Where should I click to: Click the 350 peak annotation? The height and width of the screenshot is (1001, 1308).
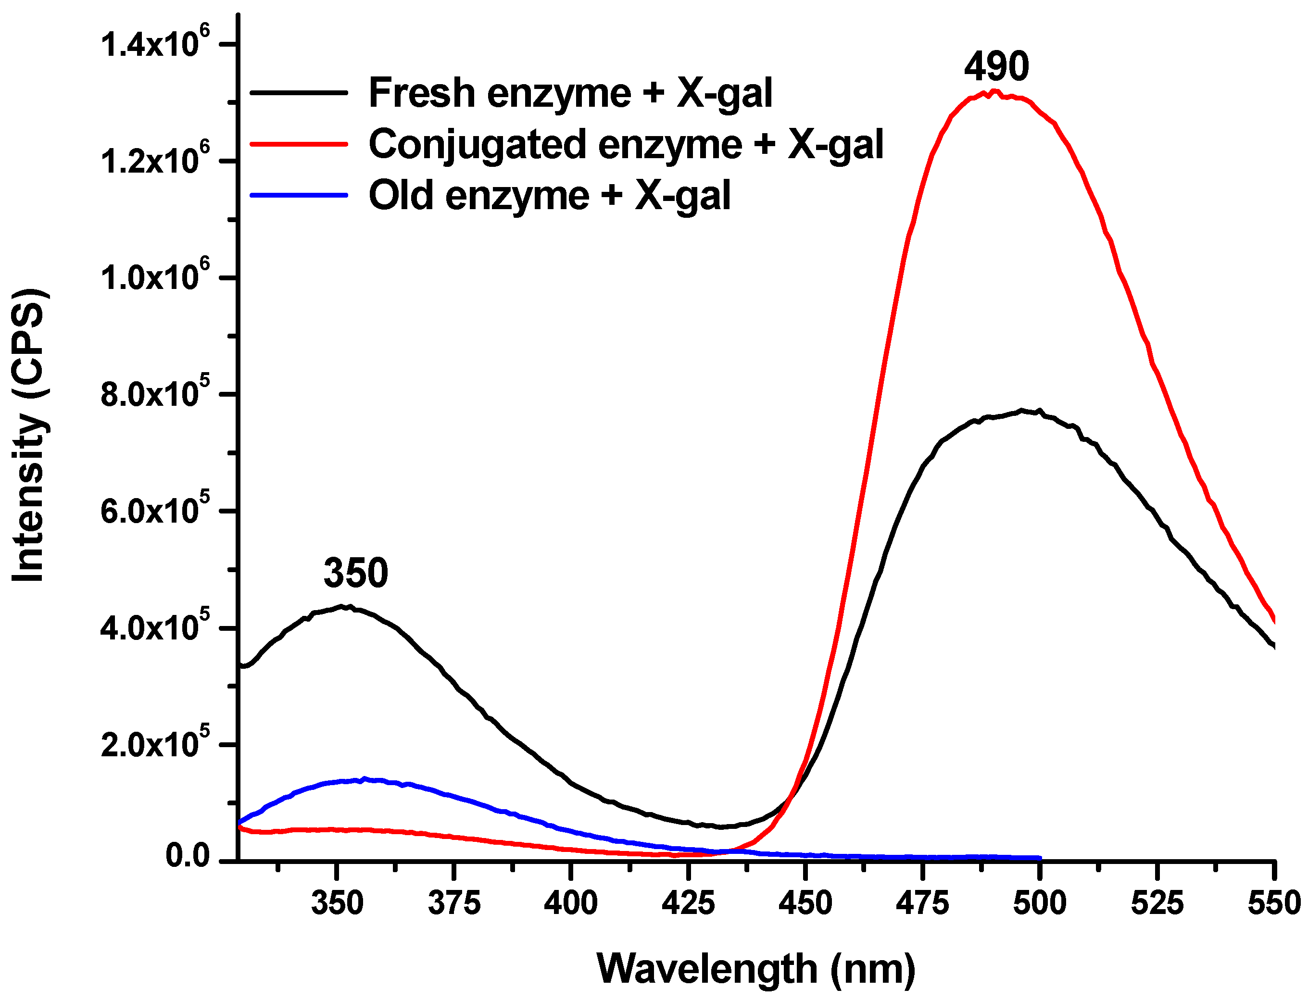(x=356, y=573)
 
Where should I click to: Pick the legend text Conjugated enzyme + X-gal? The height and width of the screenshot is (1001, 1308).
(x=626, y=145)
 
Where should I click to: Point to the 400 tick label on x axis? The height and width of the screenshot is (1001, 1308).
(x=570, y=903)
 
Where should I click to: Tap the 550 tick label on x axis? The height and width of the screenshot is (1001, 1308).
(x=1273, y=903)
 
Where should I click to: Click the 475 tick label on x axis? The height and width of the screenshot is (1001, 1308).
(x=922, y=903)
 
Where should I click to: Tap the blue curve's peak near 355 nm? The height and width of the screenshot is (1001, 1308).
(x=364, y=779)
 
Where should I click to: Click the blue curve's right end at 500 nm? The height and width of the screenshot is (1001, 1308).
(x=1039, y=858)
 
